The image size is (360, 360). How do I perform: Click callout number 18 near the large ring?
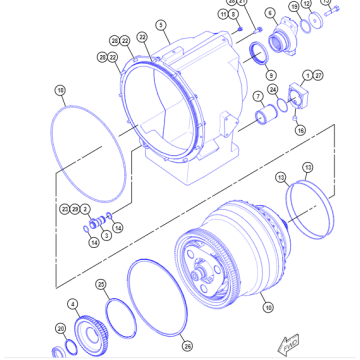60,90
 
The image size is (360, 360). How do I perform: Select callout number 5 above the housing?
162,24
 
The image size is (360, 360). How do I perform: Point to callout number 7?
257,95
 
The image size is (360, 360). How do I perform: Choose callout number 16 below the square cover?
300,129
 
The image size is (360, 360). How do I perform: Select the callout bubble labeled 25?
101,284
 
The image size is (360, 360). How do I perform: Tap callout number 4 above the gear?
72,303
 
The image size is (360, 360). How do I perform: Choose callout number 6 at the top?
269,14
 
